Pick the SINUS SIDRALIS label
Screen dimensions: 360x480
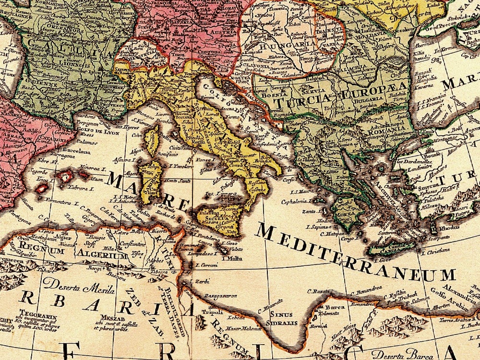(284, 319)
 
